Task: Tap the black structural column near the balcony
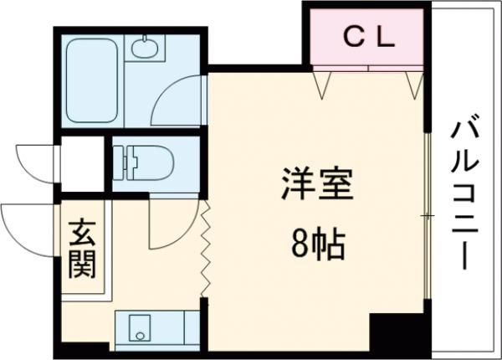click(x=387, y=332)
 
